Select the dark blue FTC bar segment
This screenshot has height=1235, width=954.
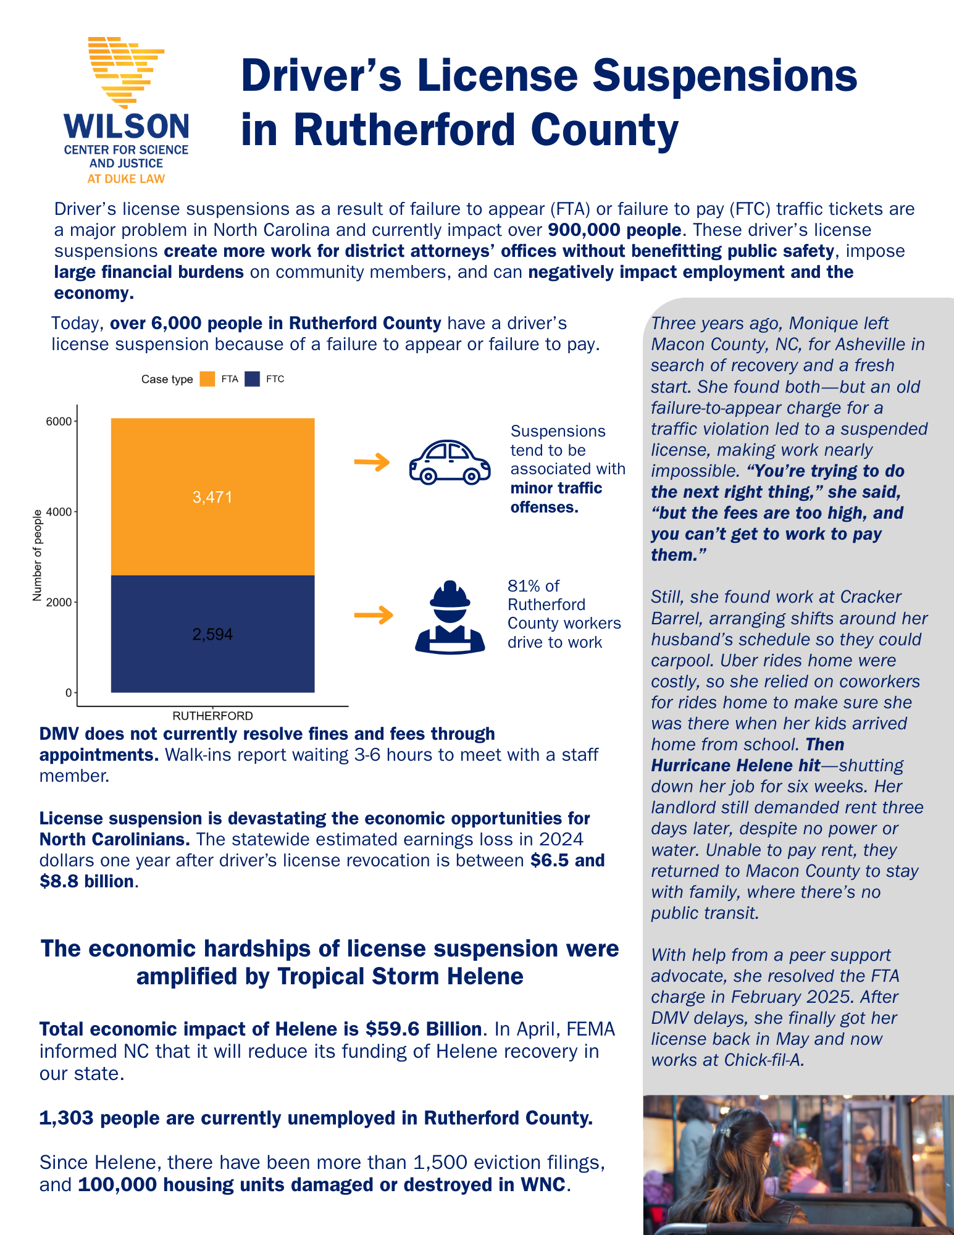coord(212,661)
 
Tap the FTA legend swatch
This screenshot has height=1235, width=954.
coord(207,379)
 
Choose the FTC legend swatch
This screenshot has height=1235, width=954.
coord(252,379)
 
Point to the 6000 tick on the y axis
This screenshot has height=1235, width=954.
coord(60,422)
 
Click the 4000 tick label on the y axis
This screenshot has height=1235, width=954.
coord(60,512)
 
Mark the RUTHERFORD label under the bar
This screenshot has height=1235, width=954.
coord(212,716)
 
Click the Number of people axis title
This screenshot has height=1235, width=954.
coord(38,555)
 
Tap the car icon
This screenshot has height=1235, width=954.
coord(450,462)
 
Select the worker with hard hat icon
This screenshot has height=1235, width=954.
coord(450,617)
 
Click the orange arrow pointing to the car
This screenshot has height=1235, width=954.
coord(372,461)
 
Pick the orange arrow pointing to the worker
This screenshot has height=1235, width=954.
coord(374,615)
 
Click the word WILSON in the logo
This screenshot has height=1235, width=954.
coord(127,127)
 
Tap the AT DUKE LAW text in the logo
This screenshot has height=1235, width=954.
coord(126,179)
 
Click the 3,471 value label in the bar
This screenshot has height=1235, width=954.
coord(212,497)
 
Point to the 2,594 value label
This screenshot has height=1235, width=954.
coord(212,634)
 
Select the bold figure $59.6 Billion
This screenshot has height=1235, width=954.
coord(424,1029)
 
